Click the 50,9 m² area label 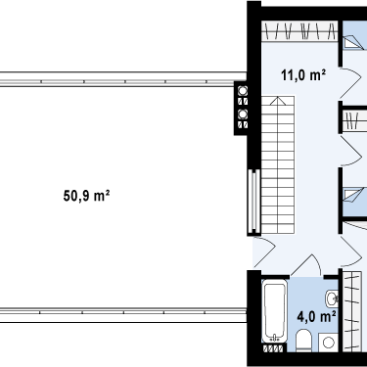point(86,196)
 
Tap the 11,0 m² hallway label point(303,75)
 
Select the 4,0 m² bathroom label point(317,316)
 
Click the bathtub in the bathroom point(275,312)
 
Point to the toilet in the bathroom point(304,341)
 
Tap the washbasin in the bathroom point(332,298)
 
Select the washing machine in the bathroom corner point(329,343)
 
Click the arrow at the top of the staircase point(277,101)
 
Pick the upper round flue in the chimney point(243,91)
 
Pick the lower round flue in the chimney point(243,115)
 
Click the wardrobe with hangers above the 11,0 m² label point(299,31)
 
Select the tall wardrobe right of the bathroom point(351,311)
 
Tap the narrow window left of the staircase point(253,203)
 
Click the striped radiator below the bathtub point(273,348)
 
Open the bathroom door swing point(306,265)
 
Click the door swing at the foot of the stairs point(263,252)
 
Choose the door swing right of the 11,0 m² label point(350,83)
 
